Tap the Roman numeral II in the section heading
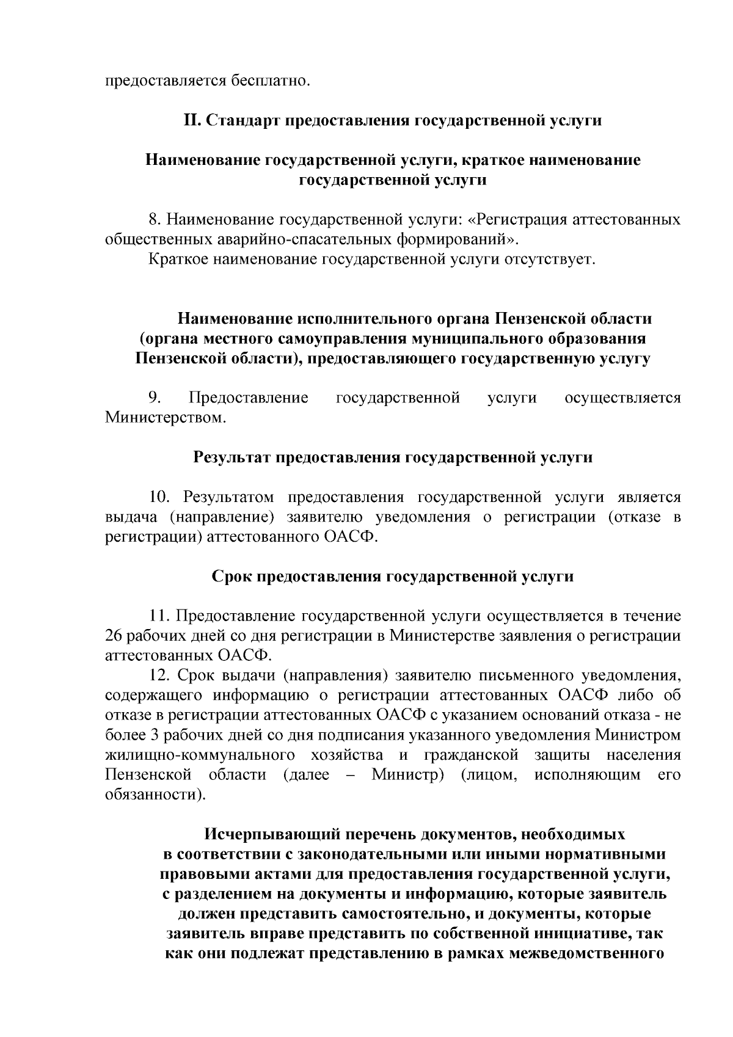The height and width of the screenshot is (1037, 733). click(192, 120)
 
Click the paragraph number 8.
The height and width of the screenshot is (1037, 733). click(154, 219)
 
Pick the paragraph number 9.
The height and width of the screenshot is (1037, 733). click(154, 398)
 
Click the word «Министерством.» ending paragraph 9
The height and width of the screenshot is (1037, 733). click(166, 418)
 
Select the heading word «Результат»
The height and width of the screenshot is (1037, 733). click(233, 457)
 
